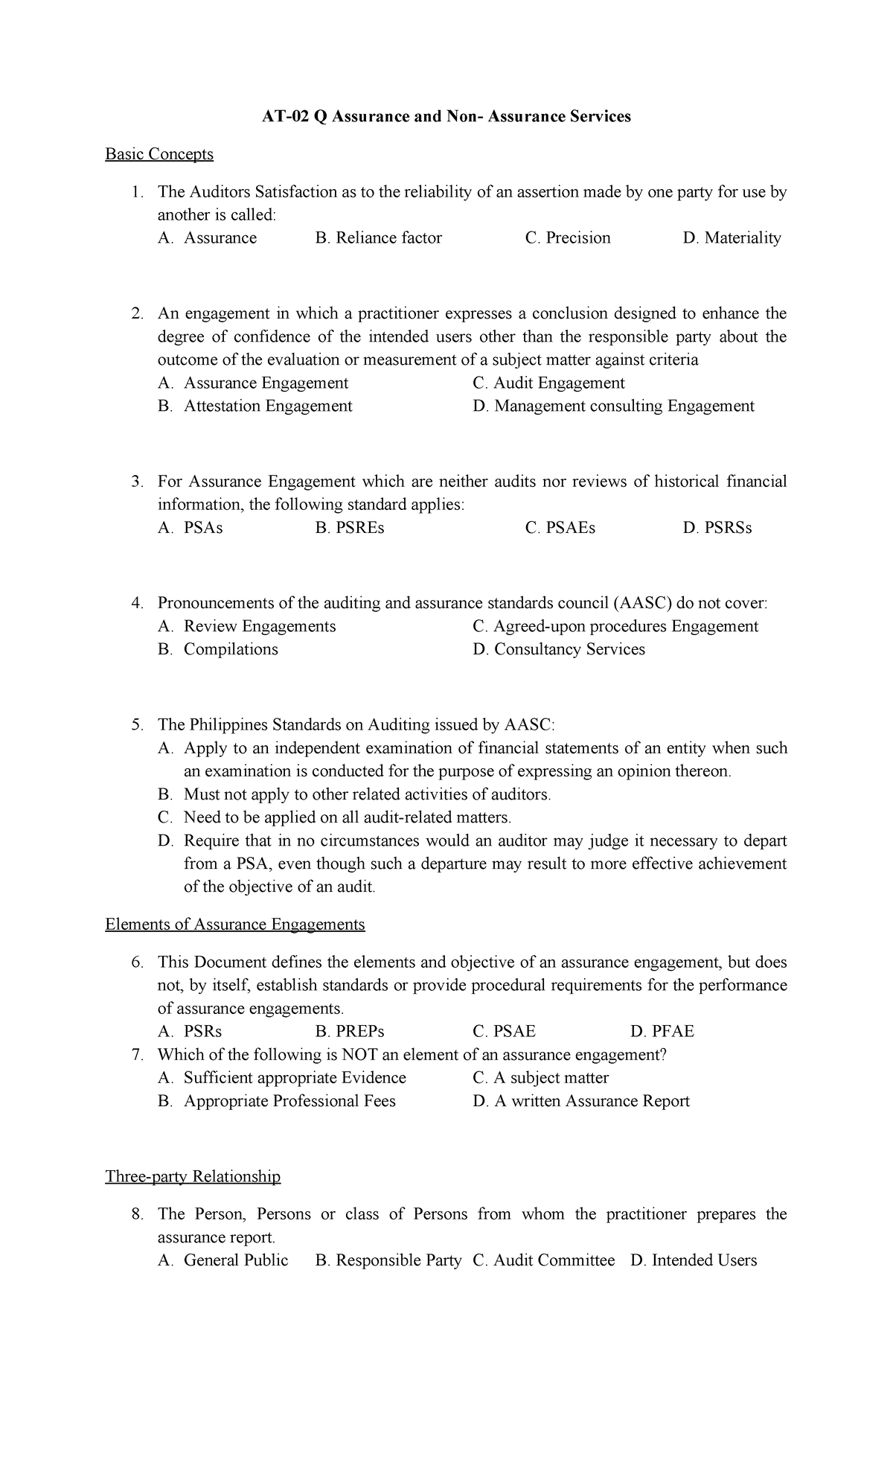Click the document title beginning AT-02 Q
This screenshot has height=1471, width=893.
[x=446, y=116]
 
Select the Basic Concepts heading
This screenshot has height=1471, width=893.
[x=159, y=154]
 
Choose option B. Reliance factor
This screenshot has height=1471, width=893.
[x=378, y=238]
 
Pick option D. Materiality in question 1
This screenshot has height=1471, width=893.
[x=732, y=238]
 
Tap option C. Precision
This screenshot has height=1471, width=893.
[x=567, y=238]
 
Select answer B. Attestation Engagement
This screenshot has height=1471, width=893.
[x=255, y=406]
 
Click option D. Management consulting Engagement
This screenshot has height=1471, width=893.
[x=613, y=406]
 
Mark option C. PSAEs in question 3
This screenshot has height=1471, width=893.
[x=560, y=528]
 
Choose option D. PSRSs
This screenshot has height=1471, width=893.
[x=717, y=528]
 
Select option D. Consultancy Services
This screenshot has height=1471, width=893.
[x=558, y=650]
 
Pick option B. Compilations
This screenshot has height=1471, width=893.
[x=218, y=650]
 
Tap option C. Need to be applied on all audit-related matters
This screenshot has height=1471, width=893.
[x=335, y=818]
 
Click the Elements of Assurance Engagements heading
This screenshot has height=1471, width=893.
[x=235, y=925]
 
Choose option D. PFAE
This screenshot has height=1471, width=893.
[x=662, y=1032]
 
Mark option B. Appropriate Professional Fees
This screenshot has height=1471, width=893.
[x=277, y=1101]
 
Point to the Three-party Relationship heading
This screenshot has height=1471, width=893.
[x=193, y=1177]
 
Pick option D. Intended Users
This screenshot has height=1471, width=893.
[x=693, y=1260]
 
